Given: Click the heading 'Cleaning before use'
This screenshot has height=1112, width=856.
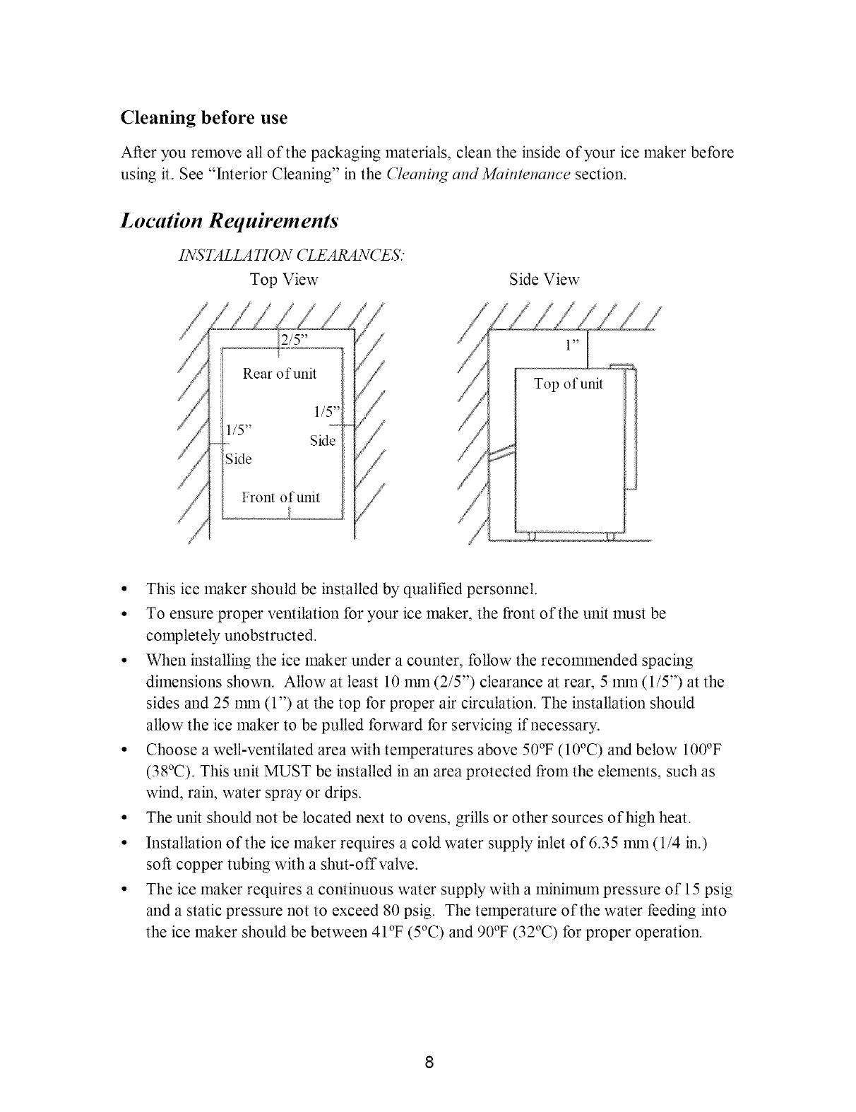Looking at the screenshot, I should [x=204, y=117].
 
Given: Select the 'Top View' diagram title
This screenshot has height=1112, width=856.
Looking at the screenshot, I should [x=285, y=280].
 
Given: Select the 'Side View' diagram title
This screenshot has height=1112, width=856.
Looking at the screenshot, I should [x=544, y=280].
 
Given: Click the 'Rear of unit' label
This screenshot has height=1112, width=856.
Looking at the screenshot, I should [x=280, y=373].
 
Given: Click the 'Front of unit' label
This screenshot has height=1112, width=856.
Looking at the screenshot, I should [x=280, y=497].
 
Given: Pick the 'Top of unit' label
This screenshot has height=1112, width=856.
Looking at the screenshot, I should [x=569, y=384].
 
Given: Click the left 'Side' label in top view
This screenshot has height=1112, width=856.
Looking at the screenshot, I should [x=237, y=459].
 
